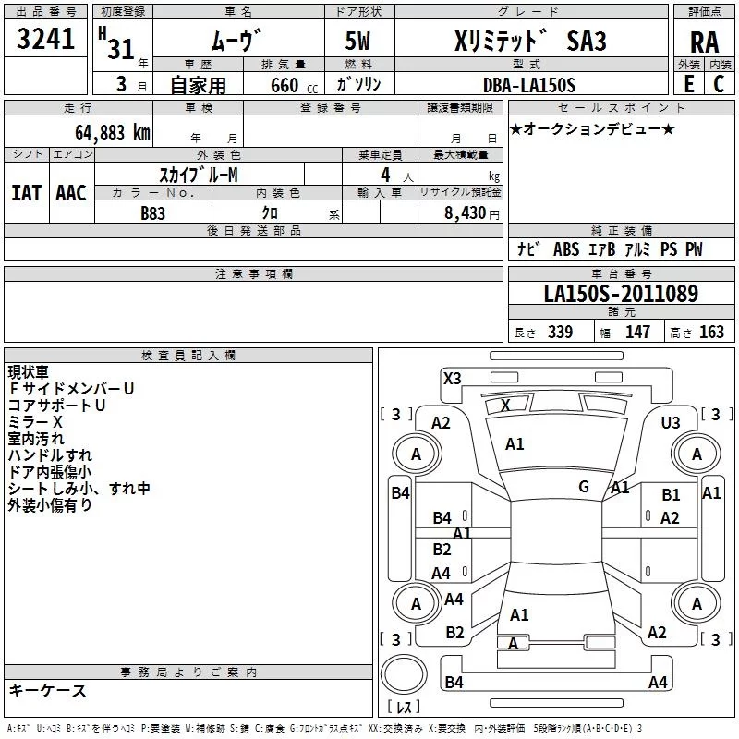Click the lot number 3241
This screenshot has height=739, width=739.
tap(46, 42)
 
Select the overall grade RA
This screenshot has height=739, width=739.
tap(704, 43)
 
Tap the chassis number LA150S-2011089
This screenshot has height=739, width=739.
tap(621, 294)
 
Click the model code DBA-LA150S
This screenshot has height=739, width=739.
tap(529, 85)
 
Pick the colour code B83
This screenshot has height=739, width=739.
tap(152, 212)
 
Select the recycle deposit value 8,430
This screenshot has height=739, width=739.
tap(461, 212)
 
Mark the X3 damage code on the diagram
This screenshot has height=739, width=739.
tap(452, 378)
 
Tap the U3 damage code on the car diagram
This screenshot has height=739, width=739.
tap(671, 422)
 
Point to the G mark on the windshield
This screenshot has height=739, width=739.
tap(583, 487)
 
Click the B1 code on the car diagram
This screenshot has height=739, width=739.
tap(671, 495)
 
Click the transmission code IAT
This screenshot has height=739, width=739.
tap(26, 192)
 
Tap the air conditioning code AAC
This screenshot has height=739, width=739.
tap(71, 192)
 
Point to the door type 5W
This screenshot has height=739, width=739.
tap(360, 42)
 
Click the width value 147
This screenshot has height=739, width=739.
tap(637, 333)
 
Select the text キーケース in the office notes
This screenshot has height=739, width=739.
tap(48, 691)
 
